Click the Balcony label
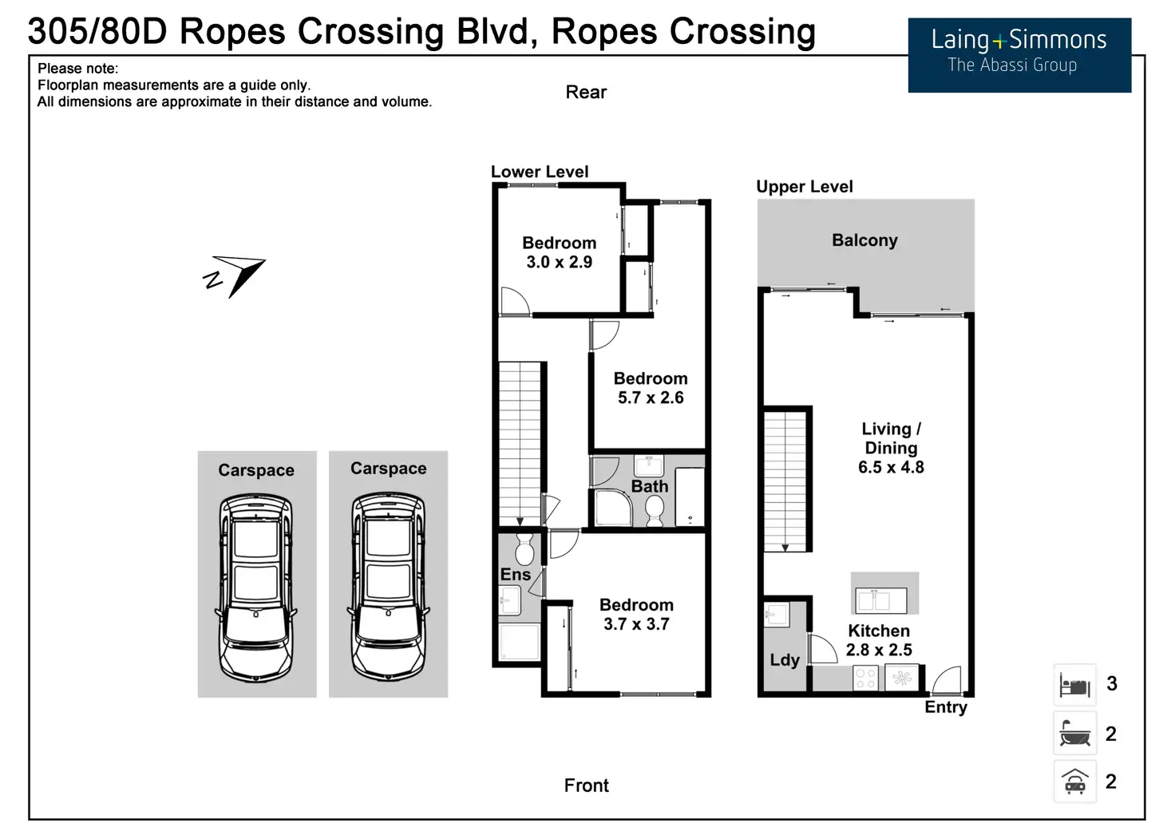point(864,240)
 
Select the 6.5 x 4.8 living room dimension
point(891,468)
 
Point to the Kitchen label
point(878,631)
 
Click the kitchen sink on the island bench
point(881,600)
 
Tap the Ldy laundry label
point(785,660)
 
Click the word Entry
point(946,707)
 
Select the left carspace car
point(256,588)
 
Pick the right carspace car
point(389,586)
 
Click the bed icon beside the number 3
point(1074,685)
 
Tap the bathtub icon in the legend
point(1074,734)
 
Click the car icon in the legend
point(1074,782)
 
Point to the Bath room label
point(650,486)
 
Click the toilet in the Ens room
point(524,550)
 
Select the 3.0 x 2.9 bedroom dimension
point(559,263)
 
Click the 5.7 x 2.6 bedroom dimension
point(651,398)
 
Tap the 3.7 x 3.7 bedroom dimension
point(636,624)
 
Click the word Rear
point(586,93)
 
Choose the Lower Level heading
point(540,172)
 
